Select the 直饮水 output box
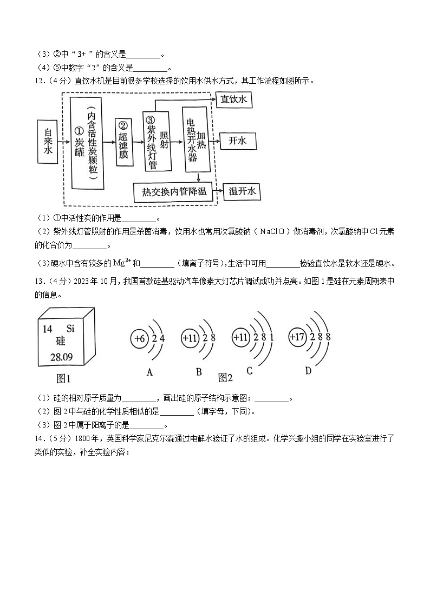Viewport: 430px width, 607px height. [x=234, y=99]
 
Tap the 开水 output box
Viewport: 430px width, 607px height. [x=237, y=141]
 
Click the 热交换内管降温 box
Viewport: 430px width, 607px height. [x=174, y=192]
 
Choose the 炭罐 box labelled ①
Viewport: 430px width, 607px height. [x=87, y=143]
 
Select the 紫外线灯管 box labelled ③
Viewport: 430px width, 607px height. [x=157, y=142]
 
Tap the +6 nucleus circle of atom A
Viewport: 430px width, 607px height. [x=139, y=339]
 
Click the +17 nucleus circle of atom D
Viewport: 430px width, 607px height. [x=297, y=336]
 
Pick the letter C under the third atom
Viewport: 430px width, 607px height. [x=250, y=371]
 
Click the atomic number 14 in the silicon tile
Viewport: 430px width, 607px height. [x=47, y=329]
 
